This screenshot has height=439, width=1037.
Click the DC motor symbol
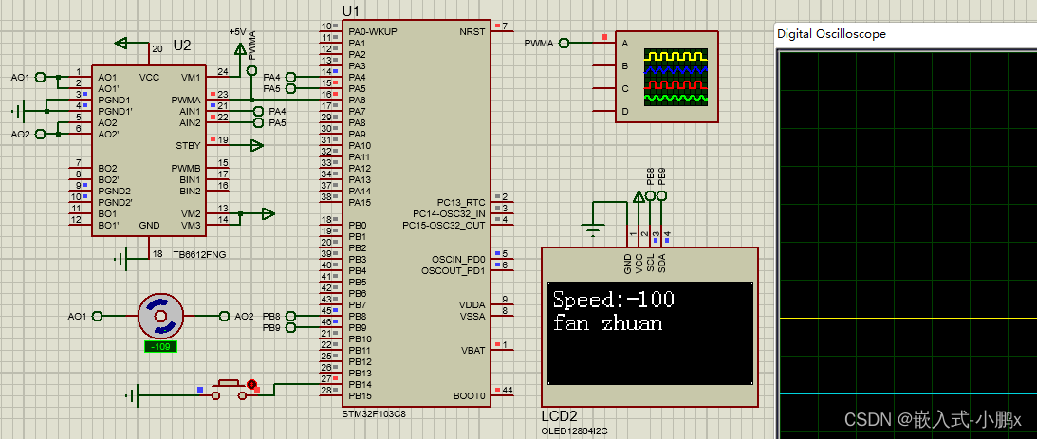tap(160, 316)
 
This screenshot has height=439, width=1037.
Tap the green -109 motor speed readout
tap(160, 347)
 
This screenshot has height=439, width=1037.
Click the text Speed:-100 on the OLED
tap(613, 301)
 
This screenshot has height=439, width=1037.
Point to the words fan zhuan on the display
tap(607, 324)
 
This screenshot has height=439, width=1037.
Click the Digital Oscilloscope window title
tap(831, 33)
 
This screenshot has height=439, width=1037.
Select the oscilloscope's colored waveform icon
tap(675, 77)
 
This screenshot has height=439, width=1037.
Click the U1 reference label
tap(351, 10)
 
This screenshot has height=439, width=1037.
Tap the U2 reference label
tap(182, 46)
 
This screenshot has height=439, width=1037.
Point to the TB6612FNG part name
tap(199, 255)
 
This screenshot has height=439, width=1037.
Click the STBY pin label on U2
tap(188, 145)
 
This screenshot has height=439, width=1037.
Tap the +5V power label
tap(237, 31)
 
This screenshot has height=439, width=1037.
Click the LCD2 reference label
tap(559, 416)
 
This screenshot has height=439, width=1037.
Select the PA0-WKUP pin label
tap(373, 31)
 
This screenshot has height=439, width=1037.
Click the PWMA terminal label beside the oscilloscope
tap(538, 43)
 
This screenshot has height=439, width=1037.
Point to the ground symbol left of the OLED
tap(593, 229)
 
